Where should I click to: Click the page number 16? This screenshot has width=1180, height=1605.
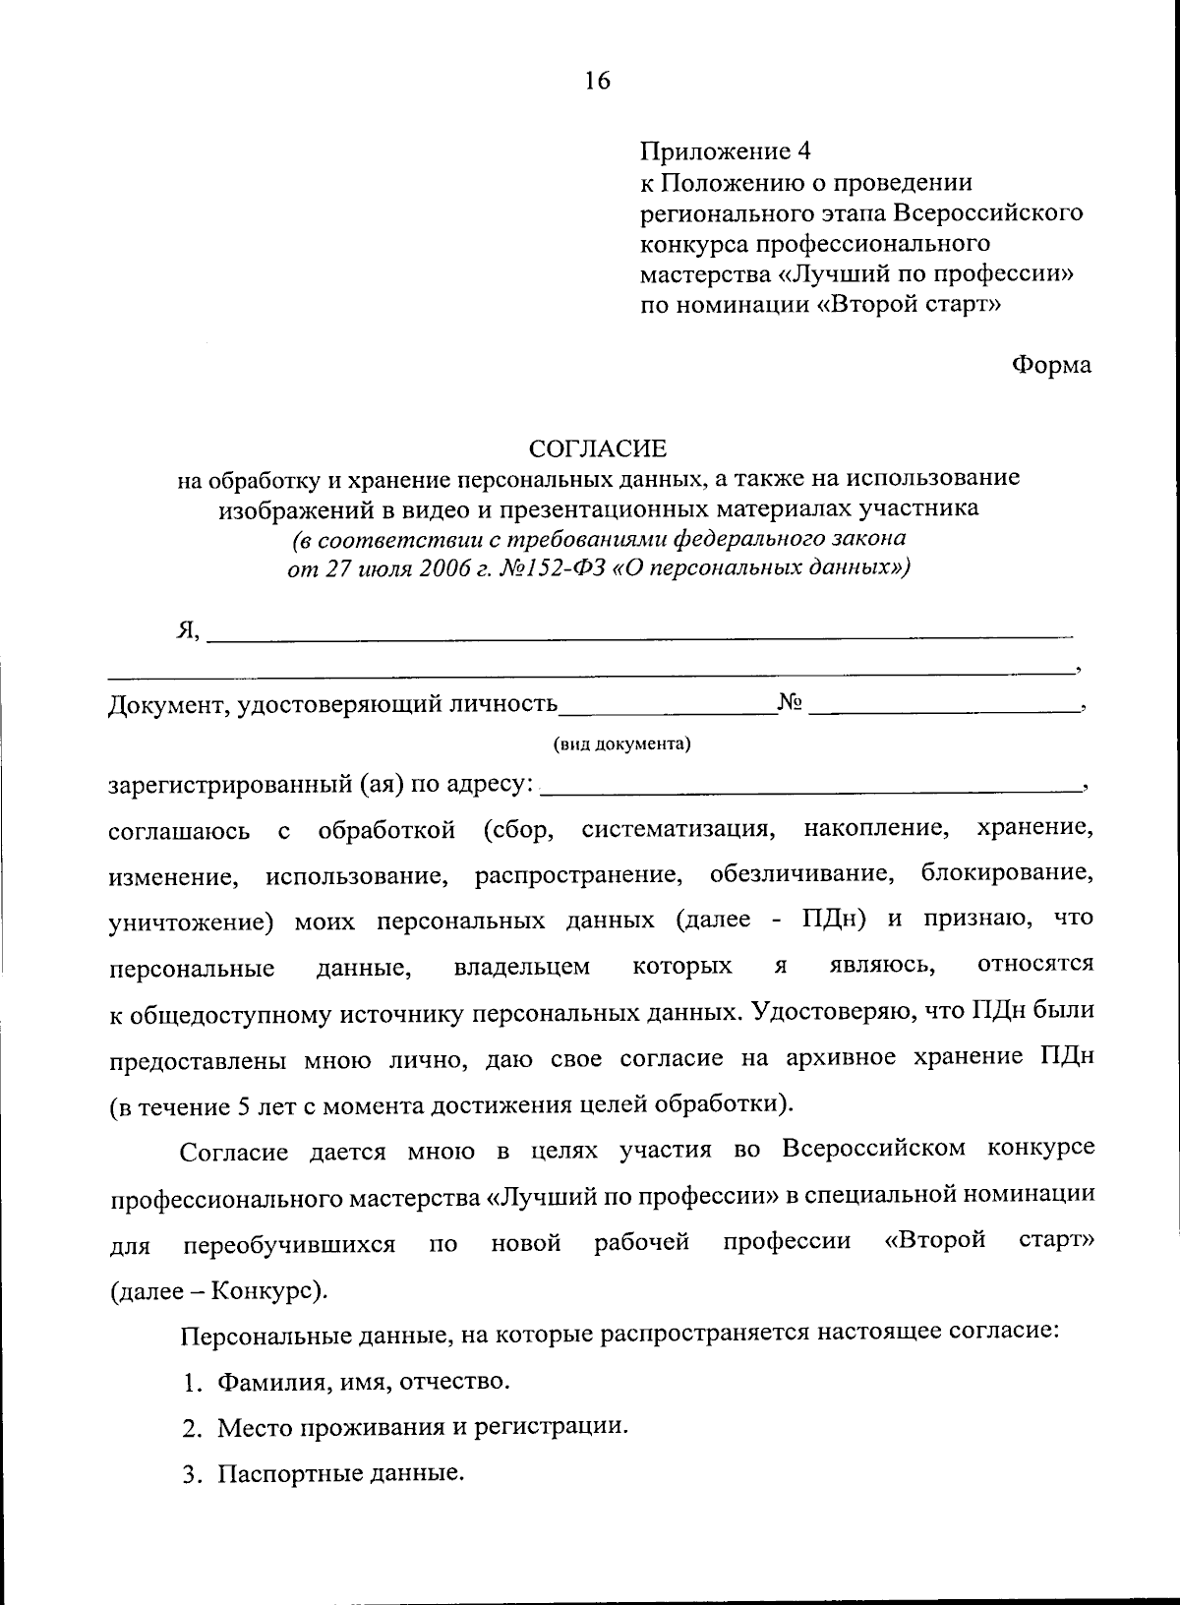coord(597,81)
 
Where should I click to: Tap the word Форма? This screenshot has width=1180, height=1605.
coord(1051,365)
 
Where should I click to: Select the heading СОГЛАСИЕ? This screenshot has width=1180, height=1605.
coord(598,449)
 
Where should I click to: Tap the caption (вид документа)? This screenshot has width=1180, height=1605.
coord(621,743)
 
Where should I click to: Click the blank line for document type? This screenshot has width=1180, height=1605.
coord(667,706)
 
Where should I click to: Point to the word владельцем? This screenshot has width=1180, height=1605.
coord(522,967)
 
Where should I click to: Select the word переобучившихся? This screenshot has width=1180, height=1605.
coord(289,1244)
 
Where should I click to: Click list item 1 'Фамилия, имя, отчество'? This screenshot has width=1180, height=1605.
coord(363,1382)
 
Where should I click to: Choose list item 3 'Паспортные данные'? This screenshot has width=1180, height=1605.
coord(339,1473)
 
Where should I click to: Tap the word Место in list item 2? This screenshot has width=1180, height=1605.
coord(250,1426)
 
